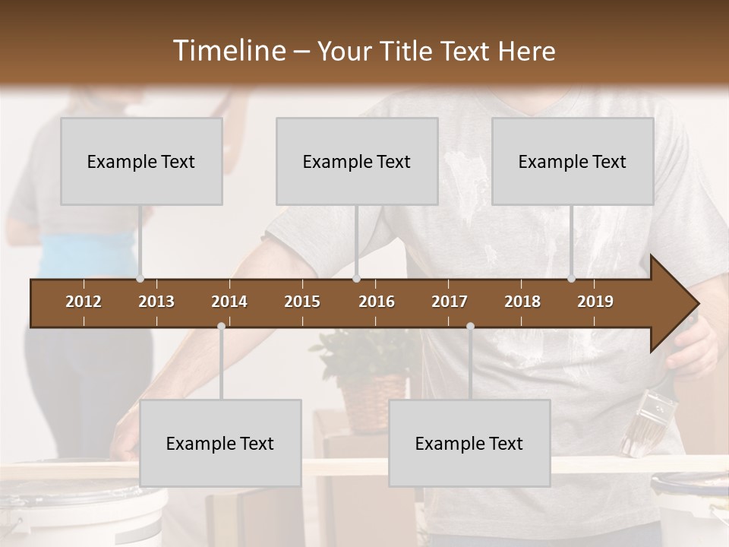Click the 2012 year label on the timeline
[x=84, y=302]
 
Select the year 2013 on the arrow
[x=156, y=302]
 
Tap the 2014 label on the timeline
[x=229, y=302]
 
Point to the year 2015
[x=302, y=302]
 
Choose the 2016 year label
[x=377, y=302]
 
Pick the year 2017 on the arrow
[x=450, y=302]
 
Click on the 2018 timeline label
[x=522, y=302]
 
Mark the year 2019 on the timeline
[x=595, y=302]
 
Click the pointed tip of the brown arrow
[x=696, y=304]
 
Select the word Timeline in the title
[x=228, y=51]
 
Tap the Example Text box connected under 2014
[x=220, y=443]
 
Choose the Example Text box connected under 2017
[x=469, y=443]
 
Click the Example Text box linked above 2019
[x=573, y=161]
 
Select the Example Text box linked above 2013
[x=141, y=161]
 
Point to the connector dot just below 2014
[x=221, y=326]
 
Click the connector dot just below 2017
[x=470, y=326]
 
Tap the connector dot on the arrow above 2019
[x=572, y=279]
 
